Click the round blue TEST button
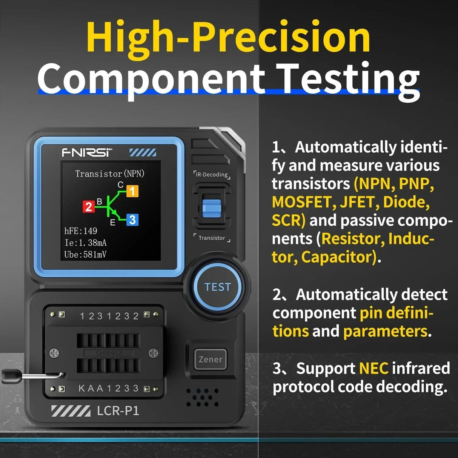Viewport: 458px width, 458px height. click(217, 287)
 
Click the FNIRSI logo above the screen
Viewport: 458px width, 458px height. click(87, 152)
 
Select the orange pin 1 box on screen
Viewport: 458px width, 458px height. click(132, 191)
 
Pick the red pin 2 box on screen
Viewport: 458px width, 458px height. click(89, 207)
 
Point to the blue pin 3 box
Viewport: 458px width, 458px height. click(132, 220)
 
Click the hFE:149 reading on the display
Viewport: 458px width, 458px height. click(81, 231)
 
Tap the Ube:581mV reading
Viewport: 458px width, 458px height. click(85, 255)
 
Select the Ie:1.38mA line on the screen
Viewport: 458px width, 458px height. click(85, 243)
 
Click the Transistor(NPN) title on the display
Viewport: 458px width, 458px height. click(110, 174)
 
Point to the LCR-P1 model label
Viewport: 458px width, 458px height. click(118, 410)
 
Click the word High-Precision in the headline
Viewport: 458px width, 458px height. click(228, 38)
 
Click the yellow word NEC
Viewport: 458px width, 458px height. click(373, 368)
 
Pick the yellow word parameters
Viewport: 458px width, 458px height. click(385, 331)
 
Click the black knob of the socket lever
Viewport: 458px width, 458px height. click(8, 376)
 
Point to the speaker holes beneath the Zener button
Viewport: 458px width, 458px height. click(203, 397)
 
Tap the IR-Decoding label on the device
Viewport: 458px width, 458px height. click(212, 175)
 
